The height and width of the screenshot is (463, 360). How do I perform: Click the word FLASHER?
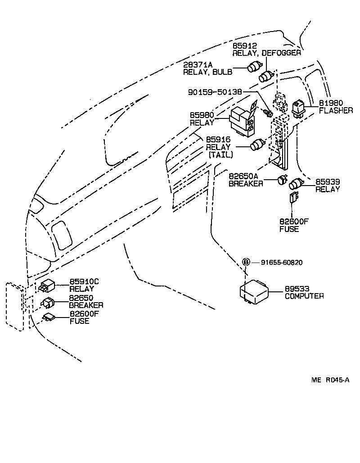336,110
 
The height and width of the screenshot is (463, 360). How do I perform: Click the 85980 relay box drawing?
243,121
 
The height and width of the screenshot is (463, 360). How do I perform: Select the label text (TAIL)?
220,154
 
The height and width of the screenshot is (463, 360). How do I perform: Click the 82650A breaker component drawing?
283,179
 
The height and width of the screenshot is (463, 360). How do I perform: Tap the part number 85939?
327,182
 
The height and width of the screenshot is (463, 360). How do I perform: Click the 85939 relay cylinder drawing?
297,183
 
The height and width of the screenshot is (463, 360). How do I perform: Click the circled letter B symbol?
246,262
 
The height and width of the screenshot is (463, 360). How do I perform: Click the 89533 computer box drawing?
254,291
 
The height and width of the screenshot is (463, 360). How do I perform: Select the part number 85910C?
84,282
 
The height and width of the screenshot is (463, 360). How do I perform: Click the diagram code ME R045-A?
330,380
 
